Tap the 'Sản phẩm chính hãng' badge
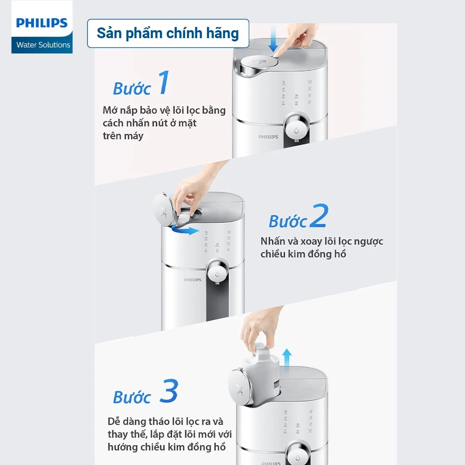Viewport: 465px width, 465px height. tap(168, 33)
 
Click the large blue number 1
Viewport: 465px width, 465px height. tap(162, 84)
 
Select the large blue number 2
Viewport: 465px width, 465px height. tap(319, 216)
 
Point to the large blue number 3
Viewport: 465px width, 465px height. tap(168, 392)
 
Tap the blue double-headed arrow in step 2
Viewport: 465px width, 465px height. tap(185, 230)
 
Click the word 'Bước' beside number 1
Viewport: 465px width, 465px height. tap(132, 89)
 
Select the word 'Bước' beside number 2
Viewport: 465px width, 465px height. tap(288, 222)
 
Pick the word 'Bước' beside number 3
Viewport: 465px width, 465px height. tap(132, 398)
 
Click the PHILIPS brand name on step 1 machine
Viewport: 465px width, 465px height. tap(268, 137)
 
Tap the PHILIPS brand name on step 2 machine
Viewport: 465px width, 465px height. tap(193, 280)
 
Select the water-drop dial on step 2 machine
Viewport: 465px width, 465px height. tap(217, 271)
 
